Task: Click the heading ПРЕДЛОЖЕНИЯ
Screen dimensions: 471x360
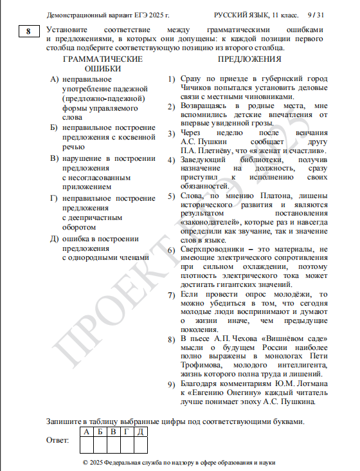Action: [x=249, y=59]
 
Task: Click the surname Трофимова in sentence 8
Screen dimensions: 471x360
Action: [x=201, y=365]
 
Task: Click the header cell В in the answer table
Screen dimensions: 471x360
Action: [x=113, y=431]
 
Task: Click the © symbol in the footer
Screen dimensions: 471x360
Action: [x=87, y=463]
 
